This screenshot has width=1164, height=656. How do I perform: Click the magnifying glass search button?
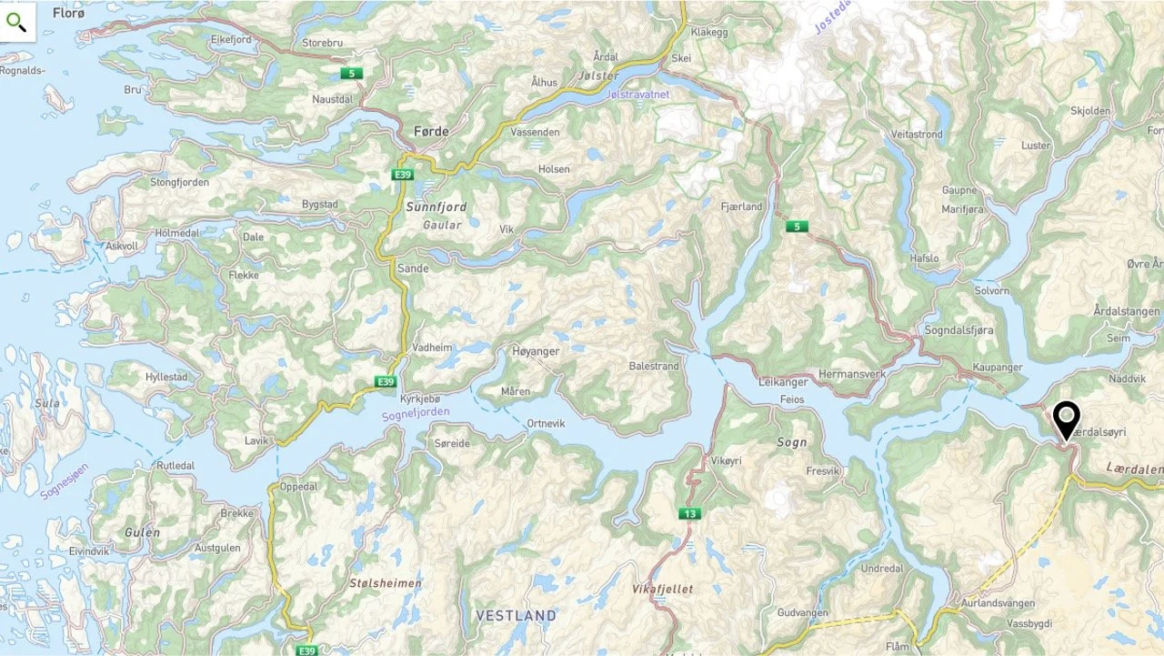(x=17, y=22)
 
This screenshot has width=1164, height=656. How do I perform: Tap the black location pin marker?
(x=1066, y=421)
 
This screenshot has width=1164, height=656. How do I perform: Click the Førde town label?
(x=431, y=132)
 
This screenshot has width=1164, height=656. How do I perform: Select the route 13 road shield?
(x=689, y=514)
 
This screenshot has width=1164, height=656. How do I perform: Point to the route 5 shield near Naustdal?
(x=351, y=73)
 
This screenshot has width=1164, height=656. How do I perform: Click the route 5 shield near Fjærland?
(x=797, y=227)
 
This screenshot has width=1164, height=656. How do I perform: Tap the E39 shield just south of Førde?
(x=403, y=174)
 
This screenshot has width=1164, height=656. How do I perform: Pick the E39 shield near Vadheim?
(x=386, y=381)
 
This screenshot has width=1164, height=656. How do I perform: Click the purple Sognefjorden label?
(x=415, y=415)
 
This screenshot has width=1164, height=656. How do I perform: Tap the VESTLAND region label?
(x=516, y=616)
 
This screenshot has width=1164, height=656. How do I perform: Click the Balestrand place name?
(x=654, y=367)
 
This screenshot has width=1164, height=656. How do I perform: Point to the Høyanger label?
(x=536, y=351)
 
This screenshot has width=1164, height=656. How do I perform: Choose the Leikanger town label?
(x=782, y=382)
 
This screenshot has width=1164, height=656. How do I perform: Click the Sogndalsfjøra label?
(x=958, y=329)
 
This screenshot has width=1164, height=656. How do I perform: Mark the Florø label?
(x=68, y=13)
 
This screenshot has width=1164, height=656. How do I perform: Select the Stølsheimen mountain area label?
(x=386, y=582)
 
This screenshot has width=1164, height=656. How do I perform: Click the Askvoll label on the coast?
(x=122, y=247)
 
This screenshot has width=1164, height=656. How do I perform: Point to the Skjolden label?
(x=1090, y=111)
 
